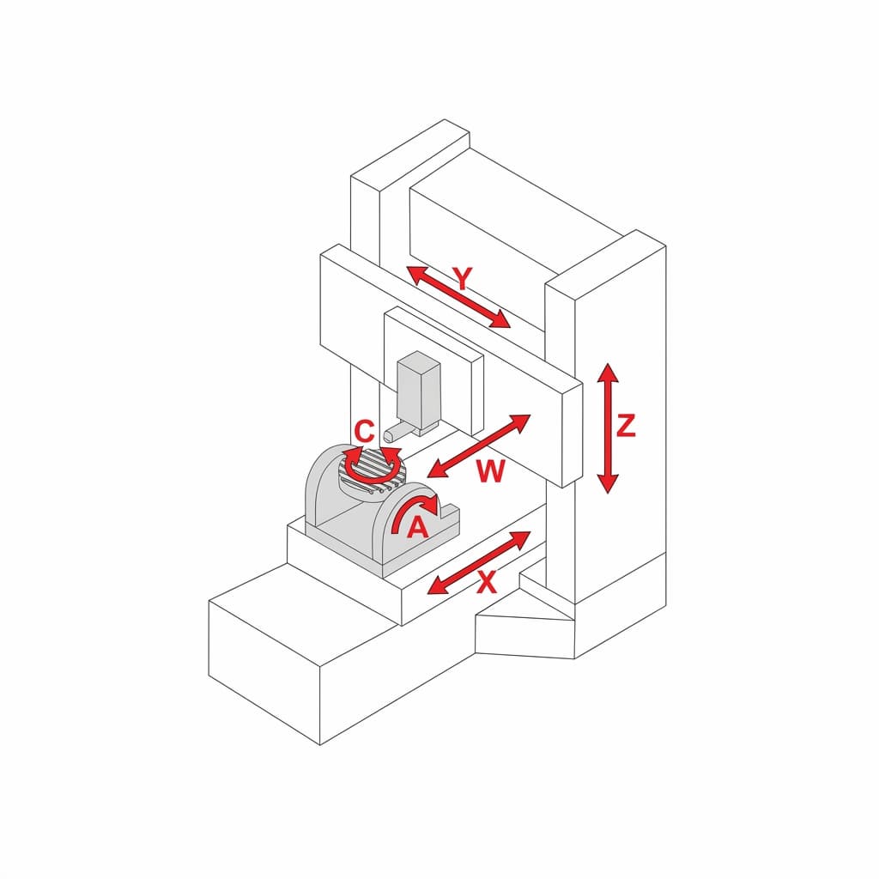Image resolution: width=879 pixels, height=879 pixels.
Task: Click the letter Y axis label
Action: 463,279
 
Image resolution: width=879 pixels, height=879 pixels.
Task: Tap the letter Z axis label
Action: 626,426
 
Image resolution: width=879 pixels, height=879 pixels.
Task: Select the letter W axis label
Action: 490,471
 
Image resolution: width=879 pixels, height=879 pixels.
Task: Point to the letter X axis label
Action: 487,582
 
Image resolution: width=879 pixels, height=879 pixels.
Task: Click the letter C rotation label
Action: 364,432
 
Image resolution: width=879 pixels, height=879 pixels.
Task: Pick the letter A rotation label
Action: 417,527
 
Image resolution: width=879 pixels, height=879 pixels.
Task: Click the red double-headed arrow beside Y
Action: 458,296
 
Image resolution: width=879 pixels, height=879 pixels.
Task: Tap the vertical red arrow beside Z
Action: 608,428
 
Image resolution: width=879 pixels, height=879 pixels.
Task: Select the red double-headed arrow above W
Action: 478,446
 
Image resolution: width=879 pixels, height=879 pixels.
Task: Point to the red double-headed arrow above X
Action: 478,562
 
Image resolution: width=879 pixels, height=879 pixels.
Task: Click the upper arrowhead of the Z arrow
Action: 608,373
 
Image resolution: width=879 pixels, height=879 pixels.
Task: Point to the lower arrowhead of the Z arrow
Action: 608,483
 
